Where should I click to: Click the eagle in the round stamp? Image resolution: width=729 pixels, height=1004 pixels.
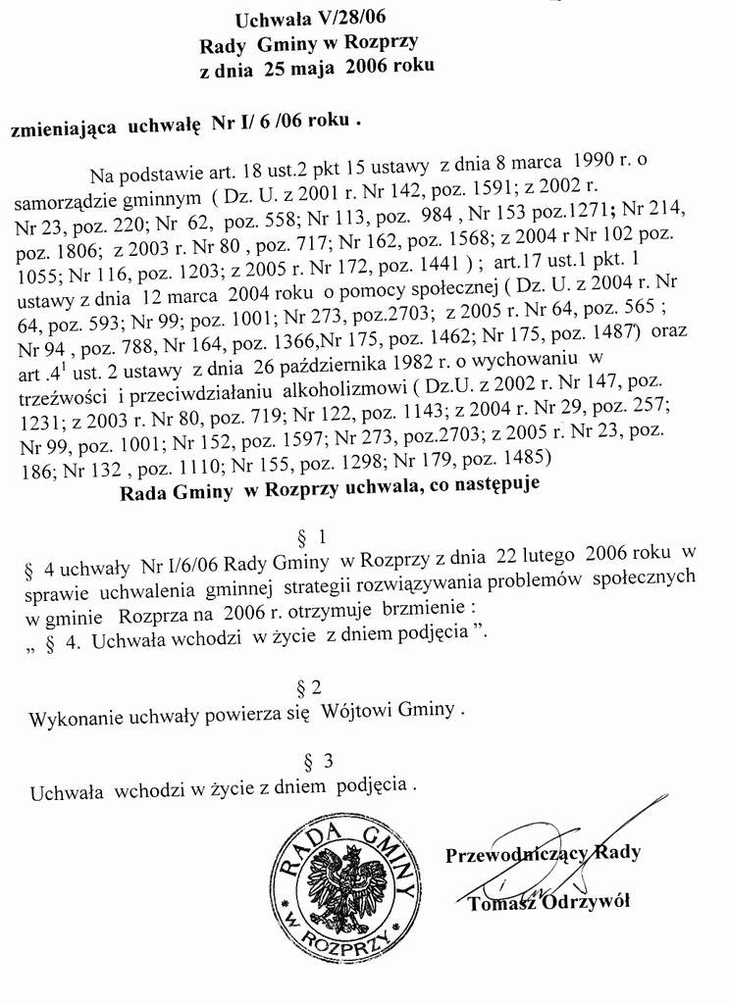(348, 882)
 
